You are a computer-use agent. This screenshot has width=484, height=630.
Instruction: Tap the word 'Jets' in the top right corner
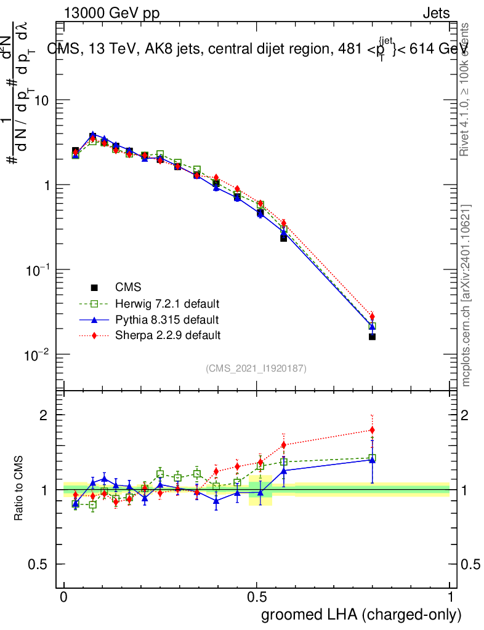click(436, 13)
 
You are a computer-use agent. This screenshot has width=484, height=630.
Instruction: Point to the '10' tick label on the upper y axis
click(41, 100)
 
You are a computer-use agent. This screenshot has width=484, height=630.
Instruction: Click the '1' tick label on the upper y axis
click(45, 185)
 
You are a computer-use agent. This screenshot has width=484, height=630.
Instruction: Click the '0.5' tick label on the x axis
click(257, 597)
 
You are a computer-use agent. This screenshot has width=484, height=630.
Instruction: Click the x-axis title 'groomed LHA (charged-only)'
click(361, 614)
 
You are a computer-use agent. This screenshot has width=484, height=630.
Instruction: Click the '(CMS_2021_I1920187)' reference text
click(256, 368)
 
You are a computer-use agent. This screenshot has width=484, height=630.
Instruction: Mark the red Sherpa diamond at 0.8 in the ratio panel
click(372, 430)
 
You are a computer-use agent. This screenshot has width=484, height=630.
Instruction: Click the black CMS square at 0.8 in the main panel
click(372, 337)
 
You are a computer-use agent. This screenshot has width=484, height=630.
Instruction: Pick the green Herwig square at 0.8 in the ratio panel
click(372, 458)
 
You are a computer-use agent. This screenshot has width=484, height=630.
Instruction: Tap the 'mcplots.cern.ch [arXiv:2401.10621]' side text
click(467, 295)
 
